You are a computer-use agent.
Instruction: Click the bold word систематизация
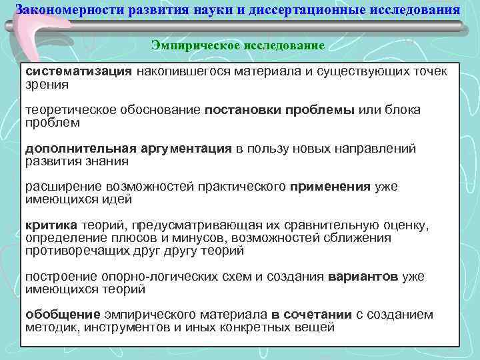pyautogui.click(x=79, y=71)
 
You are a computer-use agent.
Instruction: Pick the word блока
pyautogui.click(x=402, y=110)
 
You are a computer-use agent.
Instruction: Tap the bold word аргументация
pyautogui.click(x=186, y=149)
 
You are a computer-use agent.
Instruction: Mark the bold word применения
pyautogui.click(x=331, y=187)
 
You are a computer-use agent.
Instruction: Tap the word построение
pyautogui.click(x=59, y=277)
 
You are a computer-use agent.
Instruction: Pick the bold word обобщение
pyautogui.click(x=63, y=315)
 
